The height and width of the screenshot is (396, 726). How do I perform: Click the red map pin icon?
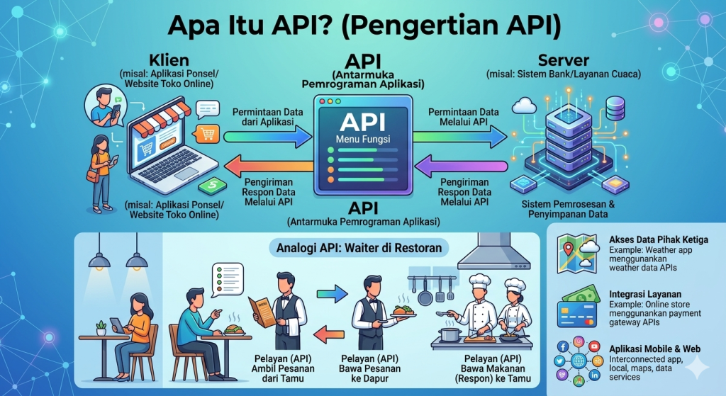(x=568, y=249)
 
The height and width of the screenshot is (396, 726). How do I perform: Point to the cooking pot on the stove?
(x=449, y=333)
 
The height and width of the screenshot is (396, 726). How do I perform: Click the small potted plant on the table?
(x=101, y=327)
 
